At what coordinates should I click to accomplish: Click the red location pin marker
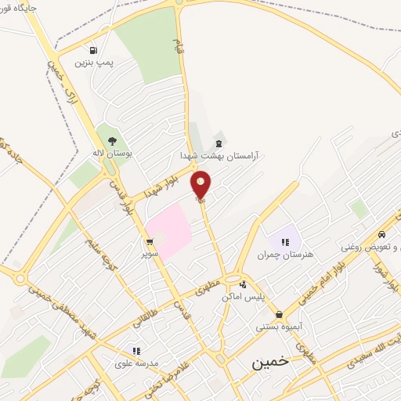pyautogui.click(x=201, y=184)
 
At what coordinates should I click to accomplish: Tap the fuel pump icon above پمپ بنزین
pyautogui.click(x=94, y=49)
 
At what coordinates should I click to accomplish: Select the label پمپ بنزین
pyautogui.click(x=93, y=61)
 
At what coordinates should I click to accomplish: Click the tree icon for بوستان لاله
pyautogui.click(x=112, y=142)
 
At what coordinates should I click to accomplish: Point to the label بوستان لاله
pyautogui.click(x=111, y=154)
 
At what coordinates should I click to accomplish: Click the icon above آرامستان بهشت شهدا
pyautogui.click(x=218, y=143)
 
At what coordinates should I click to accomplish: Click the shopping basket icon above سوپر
pyautogui.click(x=149, y=242)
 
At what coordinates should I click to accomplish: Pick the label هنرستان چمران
pyautogui.click(x=285, y=255)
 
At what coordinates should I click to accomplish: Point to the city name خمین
pyautogui.click(x=270, y=363)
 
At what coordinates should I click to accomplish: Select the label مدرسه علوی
pyautogui.click(x=135, y=363)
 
